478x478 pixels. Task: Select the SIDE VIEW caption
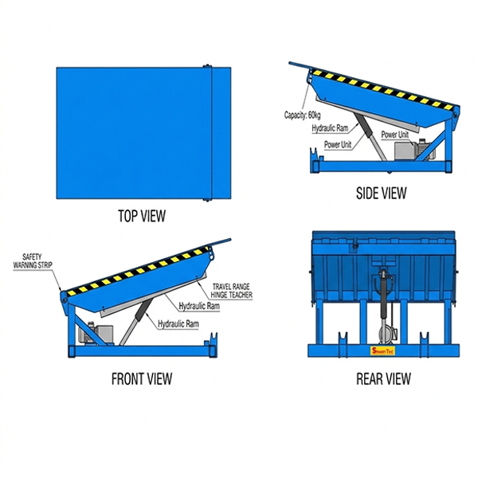[x=380, y=193]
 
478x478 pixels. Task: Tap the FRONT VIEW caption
[x=141, y=379]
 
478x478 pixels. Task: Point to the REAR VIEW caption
[x=383, y=379]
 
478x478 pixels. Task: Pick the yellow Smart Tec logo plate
[x=383, y=348]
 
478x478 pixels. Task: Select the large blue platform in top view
[x=132, y=133]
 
